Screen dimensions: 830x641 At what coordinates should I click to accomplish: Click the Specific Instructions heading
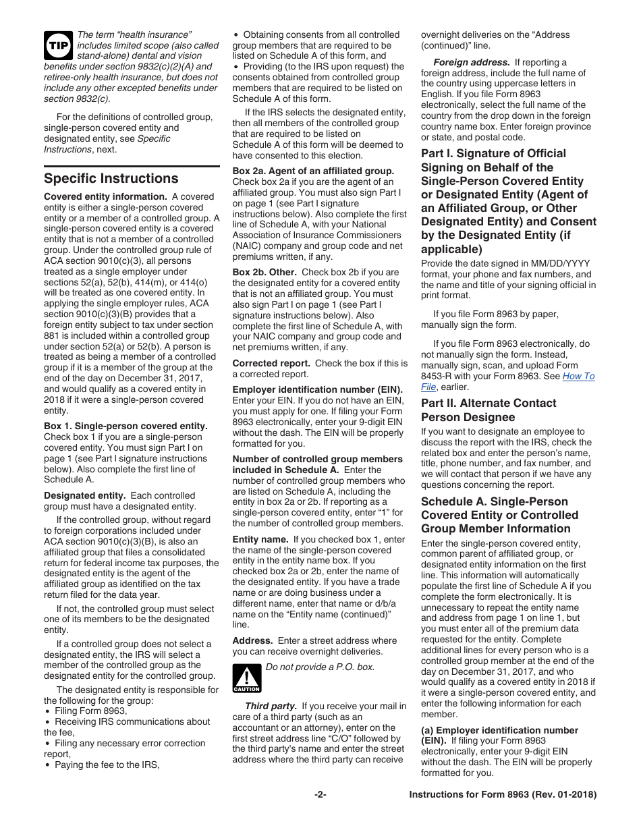coord(111,178)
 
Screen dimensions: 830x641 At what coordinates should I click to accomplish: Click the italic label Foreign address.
coord(471,62)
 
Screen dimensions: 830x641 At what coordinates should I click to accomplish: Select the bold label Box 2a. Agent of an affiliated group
coord(313,171)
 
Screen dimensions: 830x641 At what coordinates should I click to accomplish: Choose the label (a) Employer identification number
coord(499,730)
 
